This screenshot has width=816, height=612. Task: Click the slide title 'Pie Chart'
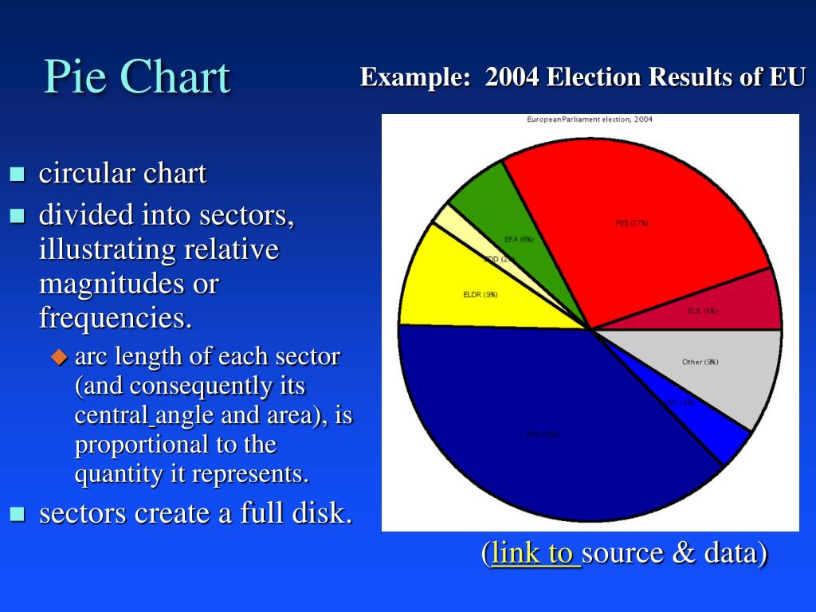[136, 77]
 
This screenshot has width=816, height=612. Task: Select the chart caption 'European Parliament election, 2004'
[590, 120]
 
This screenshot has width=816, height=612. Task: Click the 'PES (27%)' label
[632, 223]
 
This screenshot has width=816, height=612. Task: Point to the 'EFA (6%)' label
[519, 239]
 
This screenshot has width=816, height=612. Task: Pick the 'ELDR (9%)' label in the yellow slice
[480, 294]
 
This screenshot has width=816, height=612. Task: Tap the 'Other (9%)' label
[700, 362]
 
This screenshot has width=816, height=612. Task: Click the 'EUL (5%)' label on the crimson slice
[702, 311]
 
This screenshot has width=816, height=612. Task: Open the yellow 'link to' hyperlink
[535, 552]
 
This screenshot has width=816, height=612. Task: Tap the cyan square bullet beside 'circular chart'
[17, 173]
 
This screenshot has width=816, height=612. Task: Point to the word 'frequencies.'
[116, 318]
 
